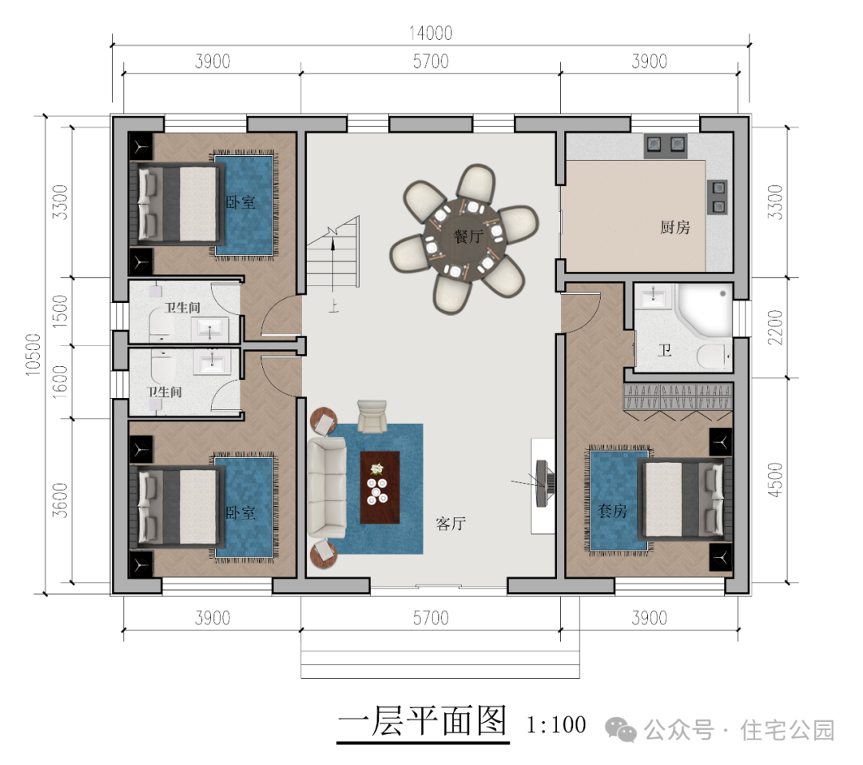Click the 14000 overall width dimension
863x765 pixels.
click(x=431, y=33)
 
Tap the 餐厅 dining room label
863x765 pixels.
click(x=468, y=237)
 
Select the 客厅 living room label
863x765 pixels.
click(x=451, y=524)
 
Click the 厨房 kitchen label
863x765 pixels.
click(x=674, y=226)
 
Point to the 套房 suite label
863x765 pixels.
click(x=613, y=511)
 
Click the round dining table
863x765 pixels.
click(x=464, y=238)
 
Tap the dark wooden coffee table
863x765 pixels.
click(x=380, y=488)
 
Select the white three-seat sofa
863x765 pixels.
click(x=326, y=488)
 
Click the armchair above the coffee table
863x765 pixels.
click(x=372, y=416)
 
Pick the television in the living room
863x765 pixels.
click(x=544, y=484)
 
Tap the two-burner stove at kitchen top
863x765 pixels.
click(x=666, y=145)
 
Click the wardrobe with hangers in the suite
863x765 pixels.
click(x=678, y=397)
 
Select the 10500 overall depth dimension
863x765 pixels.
click(x=33, y=355)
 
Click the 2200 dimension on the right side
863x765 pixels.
click(x=775, y=327)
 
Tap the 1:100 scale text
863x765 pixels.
click(x=556, y=725)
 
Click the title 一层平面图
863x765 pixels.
click(x=422, y=721)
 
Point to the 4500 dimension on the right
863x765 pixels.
click(x=775, y=480)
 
